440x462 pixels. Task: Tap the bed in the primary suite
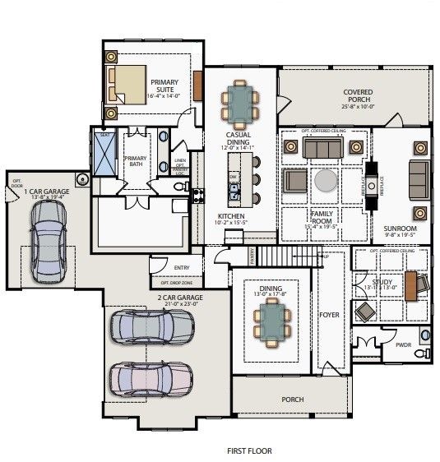pos(130,82)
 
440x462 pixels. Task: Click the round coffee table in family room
pos(325,180)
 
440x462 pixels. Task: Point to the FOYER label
pos(328,315)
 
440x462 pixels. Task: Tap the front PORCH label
pos(292,400)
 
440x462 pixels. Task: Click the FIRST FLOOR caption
pos(249,450)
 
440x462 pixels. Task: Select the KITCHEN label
pos(232,217)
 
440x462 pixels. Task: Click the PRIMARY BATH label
pos(135,161)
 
